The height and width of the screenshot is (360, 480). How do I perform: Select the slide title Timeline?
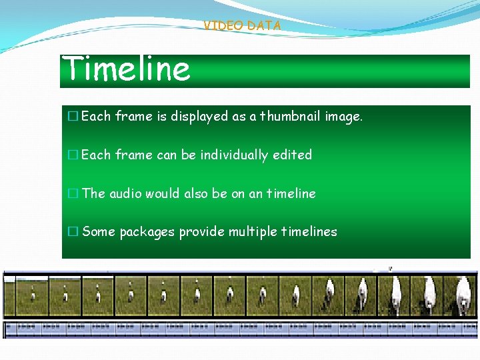pos(126,69)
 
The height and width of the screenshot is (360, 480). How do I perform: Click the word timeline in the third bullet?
pos(291,193)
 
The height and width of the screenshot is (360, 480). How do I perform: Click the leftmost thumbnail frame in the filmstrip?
pos(26,295)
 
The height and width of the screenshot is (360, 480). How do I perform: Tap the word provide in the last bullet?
pos(202,232)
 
